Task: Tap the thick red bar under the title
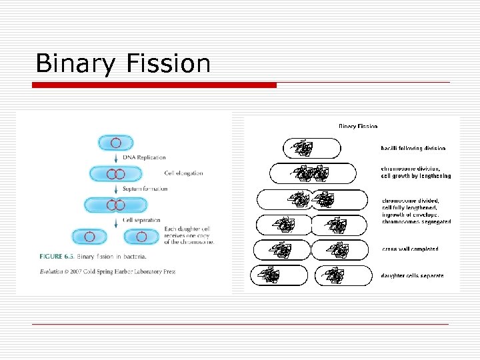155,85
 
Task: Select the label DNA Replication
144,157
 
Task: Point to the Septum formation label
145,189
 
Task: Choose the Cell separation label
141,220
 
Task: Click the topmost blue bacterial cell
116,142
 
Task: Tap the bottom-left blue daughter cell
89,236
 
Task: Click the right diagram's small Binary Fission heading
358,125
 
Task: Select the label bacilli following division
413,148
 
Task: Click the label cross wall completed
410,249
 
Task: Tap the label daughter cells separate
412,275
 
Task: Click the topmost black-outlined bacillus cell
311,148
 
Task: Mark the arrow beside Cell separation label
116,220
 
